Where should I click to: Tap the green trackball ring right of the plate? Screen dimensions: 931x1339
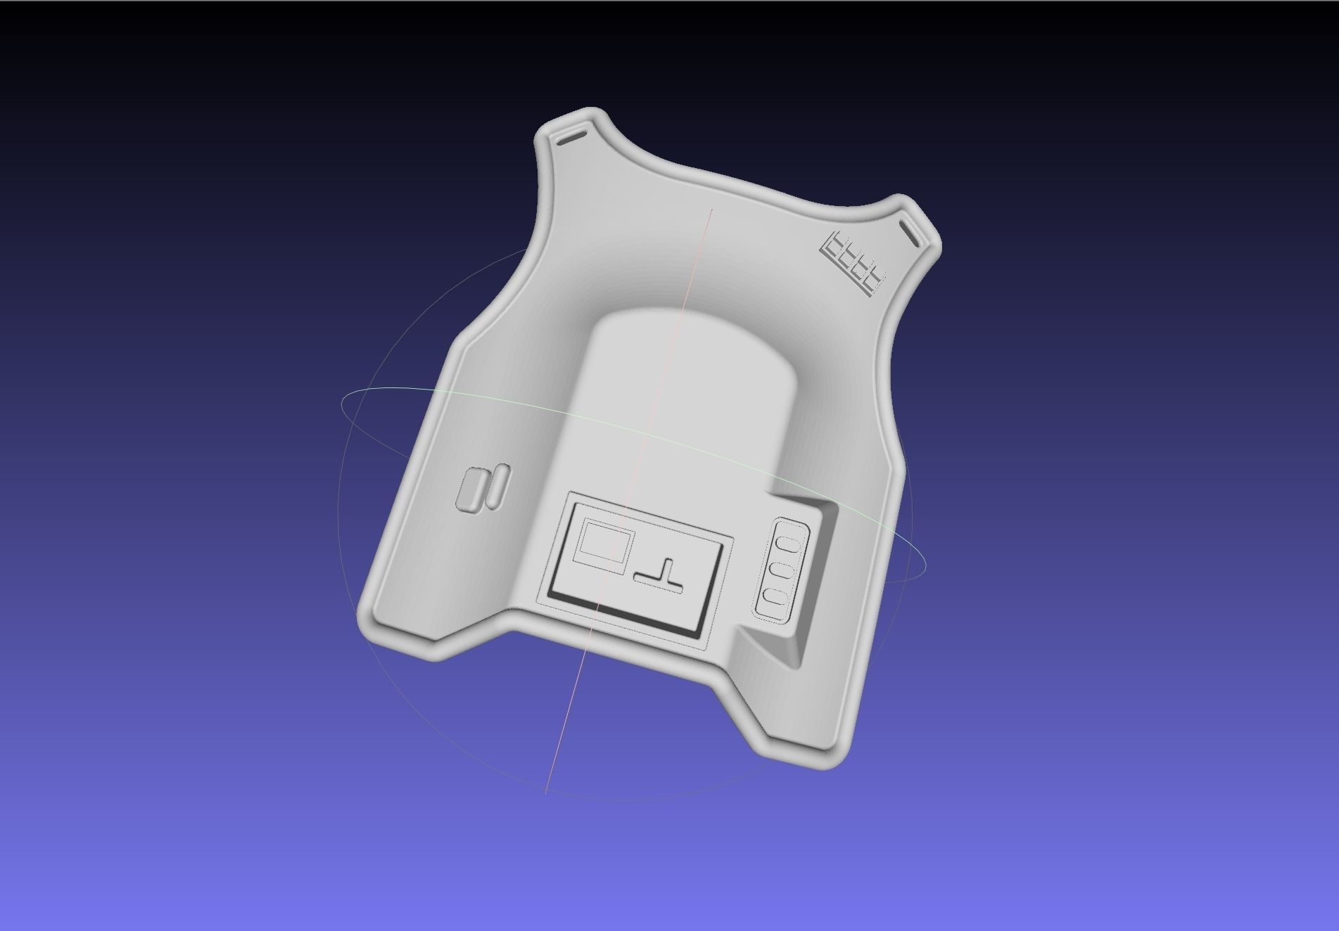915,556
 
